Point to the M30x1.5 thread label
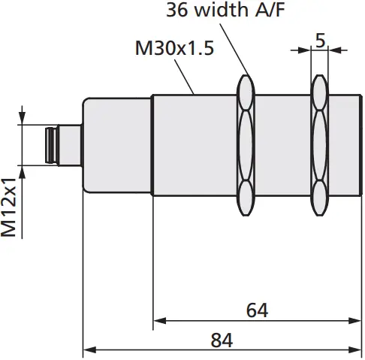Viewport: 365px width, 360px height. (x=174, y=49)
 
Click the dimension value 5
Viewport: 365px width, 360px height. (x=320, y=41)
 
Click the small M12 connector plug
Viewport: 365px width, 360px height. (x=53, y=145)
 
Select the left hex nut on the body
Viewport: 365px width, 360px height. (x=245, y=144)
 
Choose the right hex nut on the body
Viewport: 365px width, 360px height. (x=319, y=144)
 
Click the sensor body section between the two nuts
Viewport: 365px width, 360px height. (x=282, y=144)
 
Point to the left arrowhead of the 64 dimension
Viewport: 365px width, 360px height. (x=158, y=320)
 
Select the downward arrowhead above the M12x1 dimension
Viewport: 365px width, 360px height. (x=23, y=120)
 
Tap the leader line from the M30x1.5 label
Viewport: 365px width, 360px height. (x=188, y=77)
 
